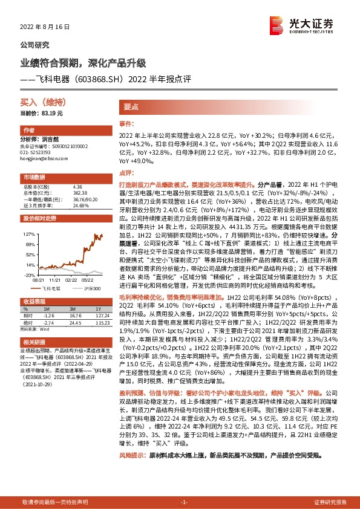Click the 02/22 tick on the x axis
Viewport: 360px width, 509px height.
tap(71, 280)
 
